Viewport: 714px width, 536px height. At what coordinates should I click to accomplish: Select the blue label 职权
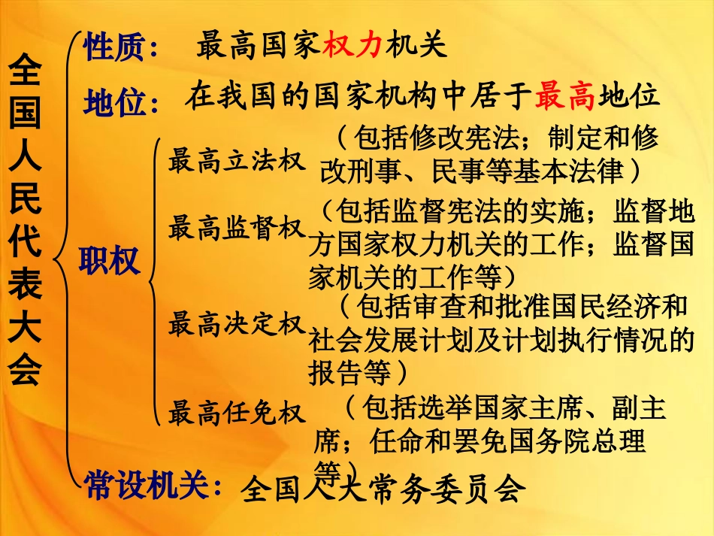[x=110, y=261]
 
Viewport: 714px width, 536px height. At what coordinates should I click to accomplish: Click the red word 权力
[x=352, y=47]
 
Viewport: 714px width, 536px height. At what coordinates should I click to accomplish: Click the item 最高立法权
[x=237, y=161]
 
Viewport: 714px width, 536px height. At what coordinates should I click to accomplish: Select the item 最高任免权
[x=237, y=413]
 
